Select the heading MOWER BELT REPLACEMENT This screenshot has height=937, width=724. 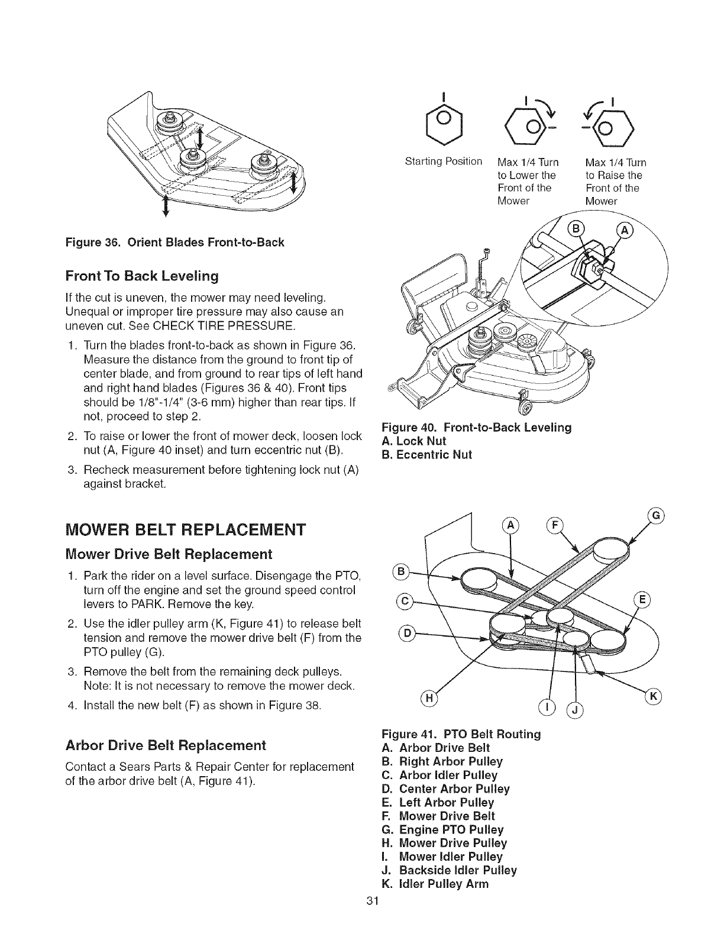pos(187,528)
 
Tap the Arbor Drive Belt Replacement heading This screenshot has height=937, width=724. pos(166,744)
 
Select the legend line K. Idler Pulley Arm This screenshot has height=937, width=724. pos(436,884)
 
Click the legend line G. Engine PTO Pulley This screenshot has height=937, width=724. pos(443,829)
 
